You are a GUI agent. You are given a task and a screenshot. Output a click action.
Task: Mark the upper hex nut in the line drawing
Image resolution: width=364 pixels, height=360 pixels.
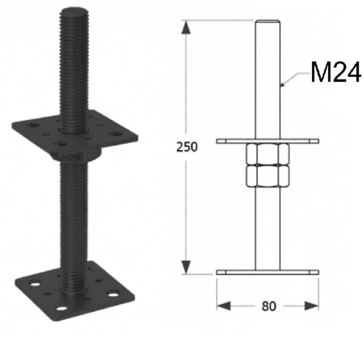pyautogui.click(x=268, y=154)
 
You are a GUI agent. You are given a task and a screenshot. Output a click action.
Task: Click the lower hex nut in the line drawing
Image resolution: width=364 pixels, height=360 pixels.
pyautogui.click(x=268, y=175)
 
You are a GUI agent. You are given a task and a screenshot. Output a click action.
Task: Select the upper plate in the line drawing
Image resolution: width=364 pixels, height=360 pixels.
pyautogui.click(x=268, y=141)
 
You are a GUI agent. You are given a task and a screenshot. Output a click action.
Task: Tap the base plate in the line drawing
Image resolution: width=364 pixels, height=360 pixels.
pyautogui.click(x=268, y=272)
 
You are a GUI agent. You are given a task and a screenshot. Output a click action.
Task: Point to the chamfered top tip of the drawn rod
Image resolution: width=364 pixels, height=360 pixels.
pyautogui.click(x=268, y=22)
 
